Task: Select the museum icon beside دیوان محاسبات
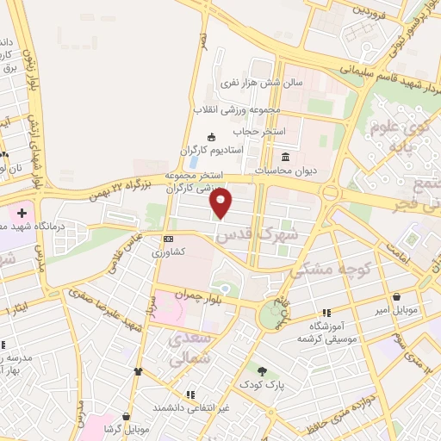coord(286,156)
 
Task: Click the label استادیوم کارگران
coord(212,150)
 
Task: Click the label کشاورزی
coord(169,253)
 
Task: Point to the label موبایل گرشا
coord(127,428)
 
